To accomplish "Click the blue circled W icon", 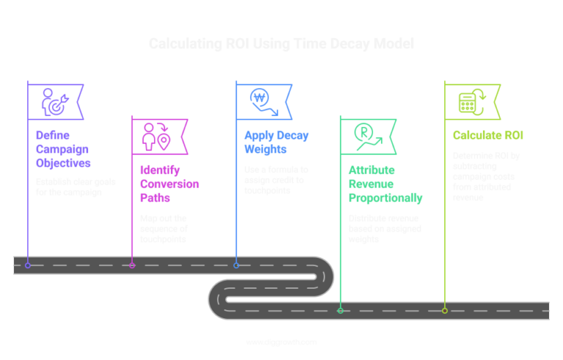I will pos(262,101).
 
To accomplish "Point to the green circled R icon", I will pos(365,136).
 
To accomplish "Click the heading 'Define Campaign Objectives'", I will pos(63,149).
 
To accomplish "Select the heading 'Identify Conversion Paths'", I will pos(169,183).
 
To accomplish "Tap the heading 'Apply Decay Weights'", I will pos(276,142).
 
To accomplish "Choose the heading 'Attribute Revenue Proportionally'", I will pos(384,184).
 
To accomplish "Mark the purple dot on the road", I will pos(28,265).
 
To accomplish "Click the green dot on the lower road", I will pos(340,310).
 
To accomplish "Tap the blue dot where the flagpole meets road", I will pos(236,265).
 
